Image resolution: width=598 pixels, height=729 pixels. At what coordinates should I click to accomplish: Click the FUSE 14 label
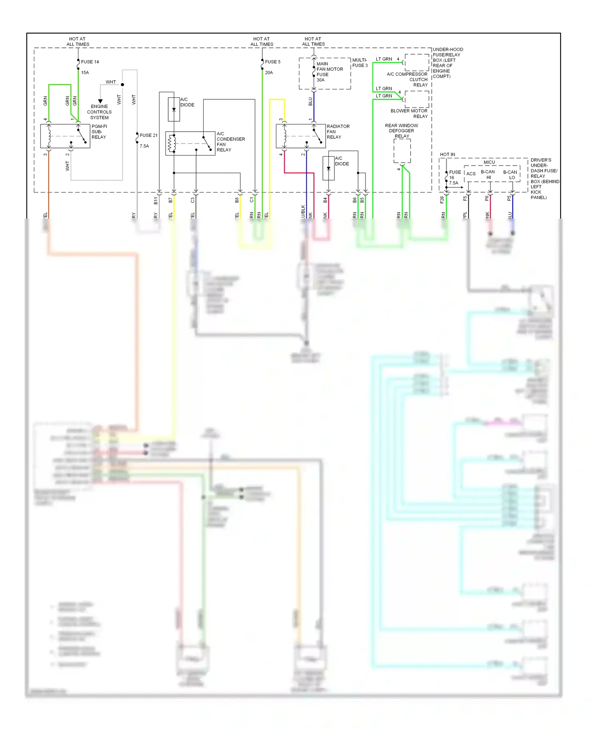[x=90, y=62]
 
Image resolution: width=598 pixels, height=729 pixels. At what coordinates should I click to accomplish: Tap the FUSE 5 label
[x=273, y=62]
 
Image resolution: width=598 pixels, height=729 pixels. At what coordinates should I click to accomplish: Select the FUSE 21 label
[x=148, y=135]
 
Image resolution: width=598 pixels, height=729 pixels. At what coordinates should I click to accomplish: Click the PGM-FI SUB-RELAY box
[x=65, y=136]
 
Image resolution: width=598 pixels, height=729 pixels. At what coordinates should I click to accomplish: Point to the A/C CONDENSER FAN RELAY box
[x=190, y=143]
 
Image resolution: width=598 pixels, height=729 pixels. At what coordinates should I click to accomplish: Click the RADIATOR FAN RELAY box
[x=301, y=136]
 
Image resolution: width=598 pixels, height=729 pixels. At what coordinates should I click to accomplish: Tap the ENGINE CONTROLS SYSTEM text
[x=99, y=112]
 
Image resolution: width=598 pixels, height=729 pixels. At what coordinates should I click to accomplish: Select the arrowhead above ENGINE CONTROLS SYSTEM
[x=100, y=101]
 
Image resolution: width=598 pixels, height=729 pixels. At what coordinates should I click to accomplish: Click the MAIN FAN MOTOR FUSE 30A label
[x=329, y=72]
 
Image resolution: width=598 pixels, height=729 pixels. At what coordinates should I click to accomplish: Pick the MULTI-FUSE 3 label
[x=360, y=63]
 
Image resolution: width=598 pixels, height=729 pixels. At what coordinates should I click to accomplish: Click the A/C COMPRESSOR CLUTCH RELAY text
[x=407, y=79]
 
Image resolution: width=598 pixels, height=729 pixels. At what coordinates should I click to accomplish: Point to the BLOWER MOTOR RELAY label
[x=409, y=114]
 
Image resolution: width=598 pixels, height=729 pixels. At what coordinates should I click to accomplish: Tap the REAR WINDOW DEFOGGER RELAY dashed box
[x=402, y=151]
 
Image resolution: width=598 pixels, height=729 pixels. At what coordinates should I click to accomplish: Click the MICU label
[x=489, y=162]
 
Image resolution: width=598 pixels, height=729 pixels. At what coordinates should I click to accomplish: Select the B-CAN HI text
[x=488, y=175]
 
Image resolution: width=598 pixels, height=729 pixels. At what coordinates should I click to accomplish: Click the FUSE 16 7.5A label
[x=454, y=177]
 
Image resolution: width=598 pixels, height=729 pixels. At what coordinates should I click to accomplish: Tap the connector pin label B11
[x=156, y=201]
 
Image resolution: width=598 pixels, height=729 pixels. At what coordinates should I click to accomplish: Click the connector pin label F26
[x=442, y=200]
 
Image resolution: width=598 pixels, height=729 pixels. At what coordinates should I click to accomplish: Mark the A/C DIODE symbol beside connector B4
[x=329, y=168]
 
